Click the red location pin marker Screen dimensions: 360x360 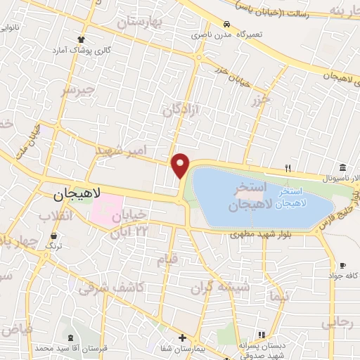(181, 165)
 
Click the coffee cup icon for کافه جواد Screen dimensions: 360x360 (342, 265)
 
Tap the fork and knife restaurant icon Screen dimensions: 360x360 (288, 168)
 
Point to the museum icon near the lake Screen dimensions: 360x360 (342, 167)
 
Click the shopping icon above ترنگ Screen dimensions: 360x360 (54, 236)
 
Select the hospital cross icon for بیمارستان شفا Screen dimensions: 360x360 (182, 338)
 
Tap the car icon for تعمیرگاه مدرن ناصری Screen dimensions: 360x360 (227, 23)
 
